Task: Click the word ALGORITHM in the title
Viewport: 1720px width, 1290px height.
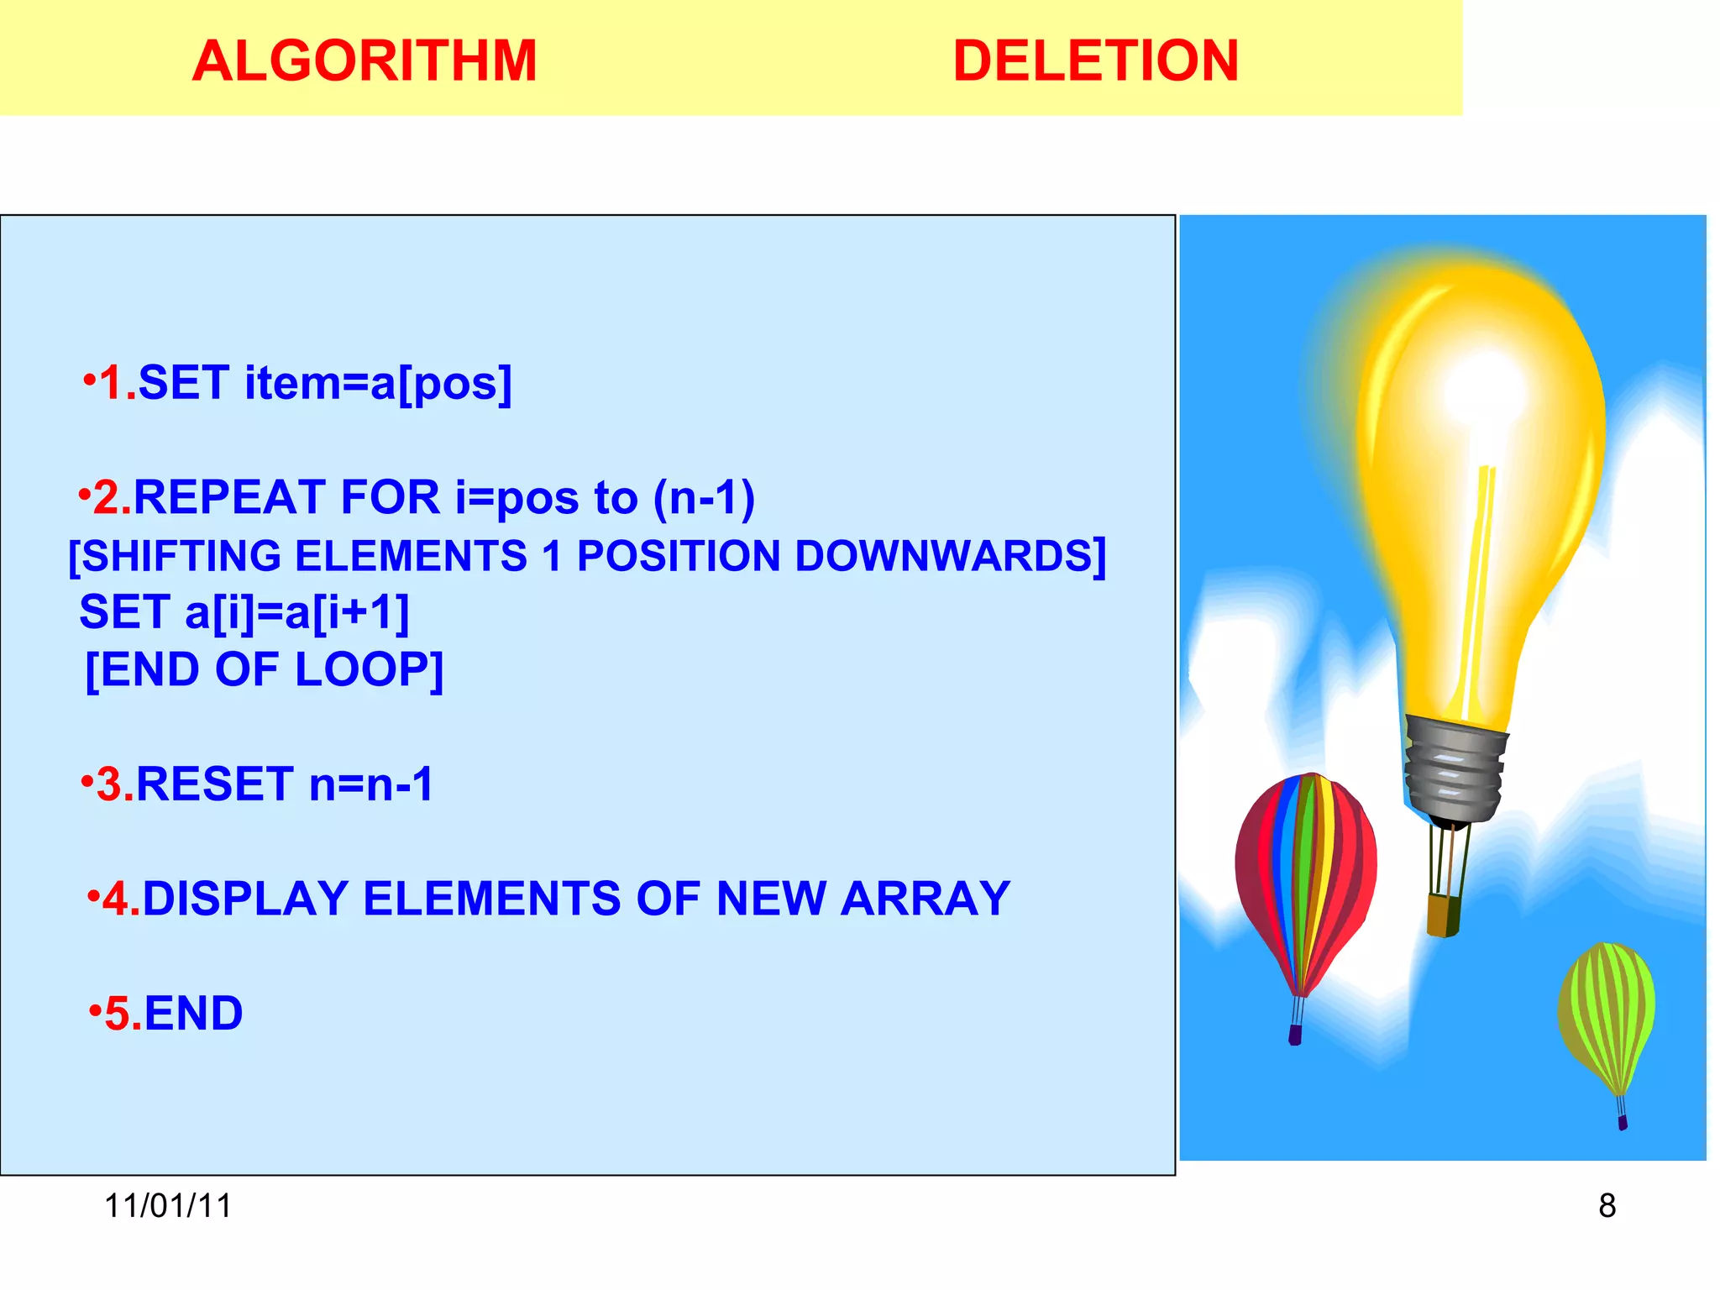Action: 364,61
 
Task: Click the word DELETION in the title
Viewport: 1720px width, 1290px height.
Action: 1095,61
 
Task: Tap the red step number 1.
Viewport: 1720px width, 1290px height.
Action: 116,384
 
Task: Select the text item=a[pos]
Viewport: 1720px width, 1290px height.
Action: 378,384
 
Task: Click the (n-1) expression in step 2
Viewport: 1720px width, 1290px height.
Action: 704,497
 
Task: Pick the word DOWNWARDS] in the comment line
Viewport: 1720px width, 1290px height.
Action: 950,556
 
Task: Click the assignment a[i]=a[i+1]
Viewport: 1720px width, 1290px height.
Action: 296,611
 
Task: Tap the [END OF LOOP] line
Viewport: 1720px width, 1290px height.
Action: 265,670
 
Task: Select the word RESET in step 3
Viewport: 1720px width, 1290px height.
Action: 215,784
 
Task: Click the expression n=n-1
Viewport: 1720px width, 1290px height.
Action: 371,784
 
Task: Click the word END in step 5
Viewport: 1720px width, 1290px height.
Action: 193,1013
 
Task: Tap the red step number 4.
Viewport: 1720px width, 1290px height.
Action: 120,899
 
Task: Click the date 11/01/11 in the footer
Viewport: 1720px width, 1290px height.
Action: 168,1206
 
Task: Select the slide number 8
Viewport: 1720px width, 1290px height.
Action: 1607,1206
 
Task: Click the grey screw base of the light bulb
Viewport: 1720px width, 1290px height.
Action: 1453,768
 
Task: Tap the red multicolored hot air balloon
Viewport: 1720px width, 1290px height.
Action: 1305,873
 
